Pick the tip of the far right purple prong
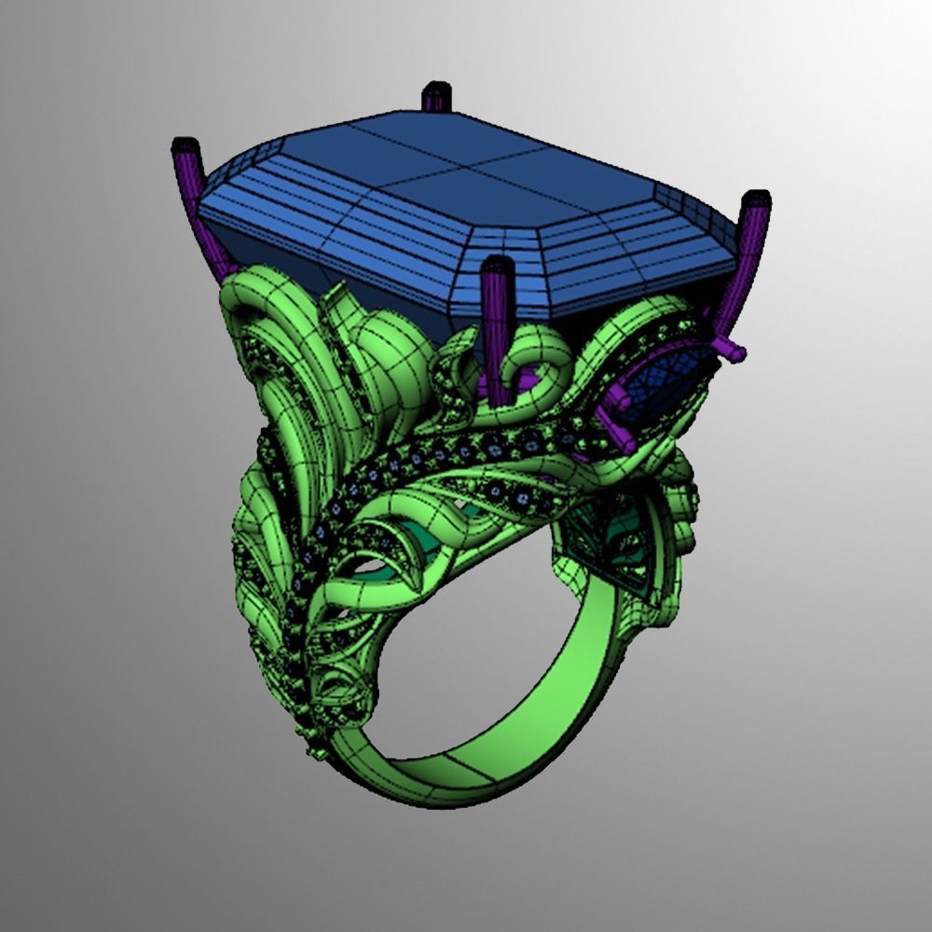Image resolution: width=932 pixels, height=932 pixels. (x=756, y=199)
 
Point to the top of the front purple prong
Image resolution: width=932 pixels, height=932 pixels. (x=497, y=266)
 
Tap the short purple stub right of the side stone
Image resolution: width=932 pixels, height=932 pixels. (x=733, y=351)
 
